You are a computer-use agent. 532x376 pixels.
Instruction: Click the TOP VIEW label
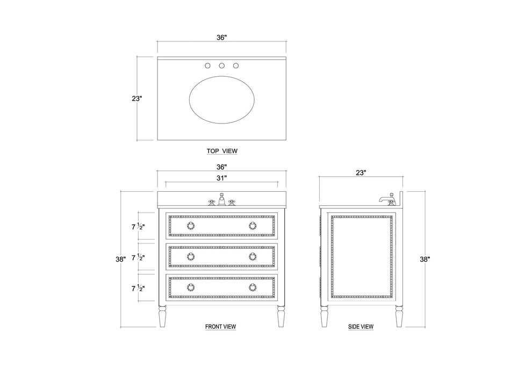pos(221,151)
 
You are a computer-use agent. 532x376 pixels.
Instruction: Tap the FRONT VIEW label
pos(220,326)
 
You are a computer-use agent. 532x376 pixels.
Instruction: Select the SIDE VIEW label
pos(361,326)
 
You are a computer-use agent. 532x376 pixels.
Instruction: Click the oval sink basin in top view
pos(221,100)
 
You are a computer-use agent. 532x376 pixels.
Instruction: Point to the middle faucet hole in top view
pos(221,66)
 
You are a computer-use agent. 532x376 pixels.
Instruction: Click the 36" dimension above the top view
pos(221,37)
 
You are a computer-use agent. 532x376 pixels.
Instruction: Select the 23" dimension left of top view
pos(137,98)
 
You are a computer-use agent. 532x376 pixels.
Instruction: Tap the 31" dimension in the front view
pos(221,177)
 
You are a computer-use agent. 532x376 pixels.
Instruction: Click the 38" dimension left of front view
pos(120,259)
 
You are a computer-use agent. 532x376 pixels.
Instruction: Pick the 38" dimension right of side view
pos(425,259)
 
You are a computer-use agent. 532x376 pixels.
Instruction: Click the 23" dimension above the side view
pos(361,172)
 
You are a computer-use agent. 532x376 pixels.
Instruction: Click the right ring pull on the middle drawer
pos(253,256)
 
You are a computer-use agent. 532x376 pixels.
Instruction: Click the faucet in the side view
pos(386,200)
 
